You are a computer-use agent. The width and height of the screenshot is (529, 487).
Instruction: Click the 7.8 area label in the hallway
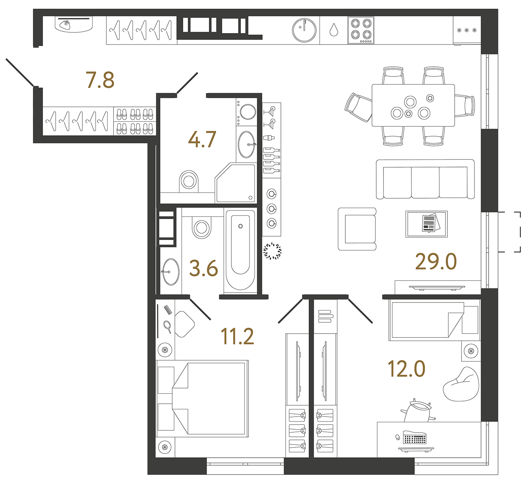pyautogui.click(x=100, y=80)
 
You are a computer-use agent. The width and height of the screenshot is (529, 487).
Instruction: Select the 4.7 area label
pyautogui.click(x=202, y=139)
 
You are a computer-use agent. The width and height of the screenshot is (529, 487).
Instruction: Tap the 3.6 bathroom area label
pyautogui.click(x=204, y=269)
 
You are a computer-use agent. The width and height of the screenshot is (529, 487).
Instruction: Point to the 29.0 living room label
pyautogui.click(x=436, y=262)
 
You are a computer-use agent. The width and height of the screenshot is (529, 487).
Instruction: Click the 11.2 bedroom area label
pyautogui.click(x=237, y=336)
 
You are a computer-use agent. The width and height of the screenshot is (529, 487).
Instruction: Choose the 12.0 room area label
pyautogui.click(x=406, y=369)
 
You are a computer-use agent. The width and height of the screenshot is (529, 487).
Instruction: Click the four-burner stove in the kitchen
pyautogui.click(x=361, y=30)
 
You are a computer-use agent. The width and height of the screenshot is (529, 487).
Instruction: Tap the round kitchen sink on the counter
pyautogui.click(x=304, y=30)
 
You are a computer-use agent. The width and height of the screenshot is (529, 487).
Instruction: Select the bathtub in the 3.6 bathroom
pyautogui.click(x=240, y=250)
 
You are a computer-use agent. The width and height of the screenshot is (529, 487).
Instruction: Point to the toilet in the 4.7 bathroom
pyautogui.click(x=189, y=181)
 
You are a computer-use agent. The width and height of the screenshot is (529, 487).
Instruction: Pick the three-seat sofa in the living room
pyautogui.click(x=425, y=180)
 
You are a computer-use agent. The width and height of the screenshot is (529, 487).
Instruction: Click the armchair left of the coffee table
pyautogui.click(x=357, y=229)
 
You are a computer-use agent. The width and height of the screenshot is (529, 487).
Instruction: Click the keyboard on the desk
pyautogui.click(x=414, y=438)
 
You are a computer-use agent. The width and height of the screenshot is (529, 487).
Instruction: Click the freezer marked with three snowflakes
pyautogui.click(x=467, y=30)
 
